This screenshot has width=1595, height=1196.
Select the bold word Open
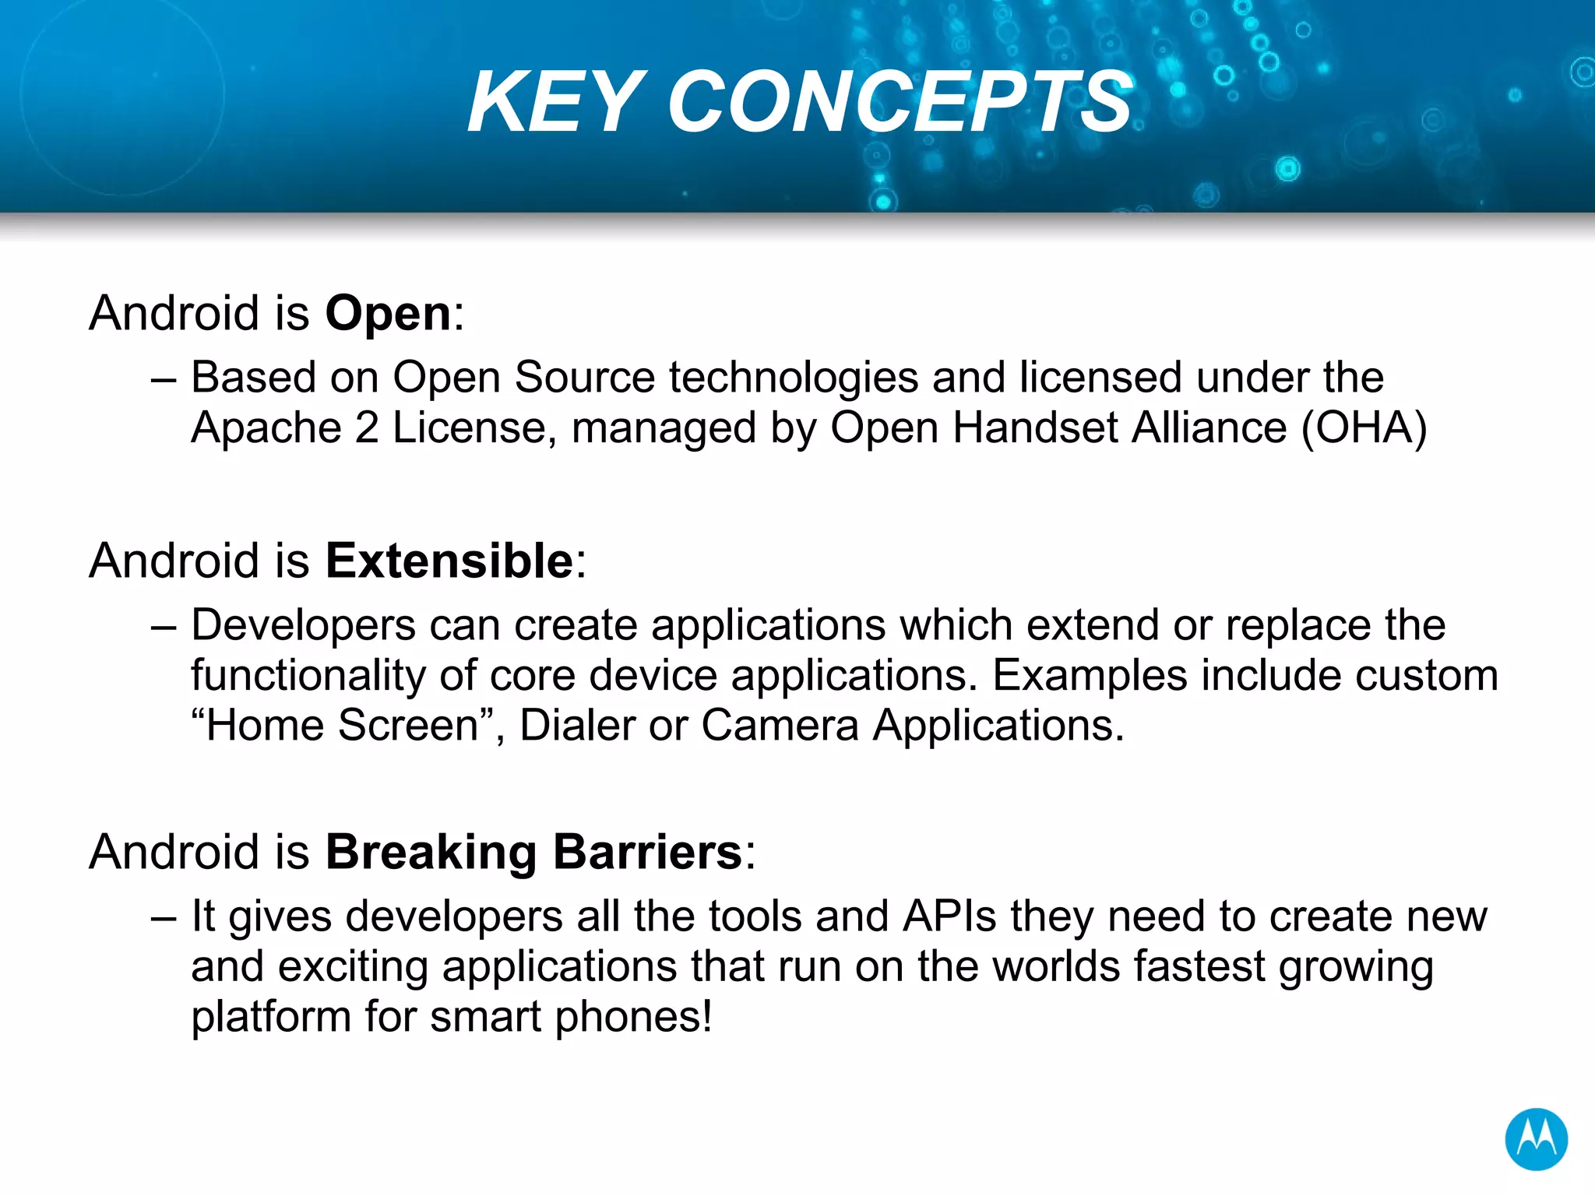click(x=388, y=315)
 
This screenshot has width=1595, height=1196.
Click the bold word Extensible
click(x=449, y=561)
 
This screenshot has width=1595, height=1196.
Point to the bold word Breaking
click(x=431, y=853)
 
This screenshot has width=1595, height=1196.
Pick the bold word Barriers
click(x=647, y=852)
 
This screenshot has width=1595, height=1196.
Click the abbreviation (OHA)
click(x=1364, y=428)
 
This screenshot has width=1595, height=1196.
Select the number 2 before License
click(x=367, y=428)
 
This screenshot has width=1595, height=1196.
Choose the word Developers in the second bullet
click(x=304, y=626)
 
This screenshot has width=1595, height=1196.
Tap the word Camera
click(x=780, y=726)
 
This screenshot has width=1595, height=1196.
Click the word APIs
click(x=949, y=916)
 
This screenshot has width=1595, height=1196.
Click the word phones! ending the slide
click(x=633, y=1018)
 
